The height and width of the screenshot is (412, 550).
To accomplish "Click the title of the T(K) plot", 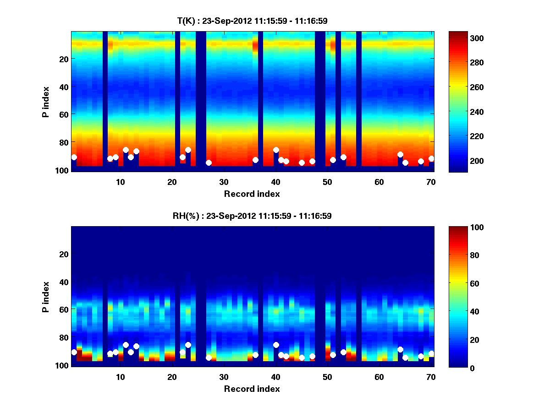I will pyautogui.click(x=252, y=21).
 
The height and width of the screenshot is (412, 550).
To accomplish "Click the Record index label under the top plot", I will pyautogui.click(x=252, y=194).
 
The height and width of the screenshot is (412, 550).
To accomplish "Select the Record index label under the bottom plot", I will pyautogui.click(x=252, y=389).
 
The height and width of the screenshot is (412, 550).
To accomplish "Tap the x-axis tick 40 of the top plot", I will pyautogui.click(x=275, y=182).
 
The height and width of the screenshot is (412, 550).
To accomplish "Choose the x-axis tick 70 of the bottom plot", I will pyautogui.click(x=431, y=377).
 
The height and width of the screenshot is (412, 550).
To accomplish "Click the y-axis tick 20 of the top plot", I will pyautogui.click(x=63, y=59).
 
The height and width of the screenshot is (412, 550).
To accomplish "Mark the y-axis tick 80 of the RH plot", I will pyautogui.click(x=63, y=337).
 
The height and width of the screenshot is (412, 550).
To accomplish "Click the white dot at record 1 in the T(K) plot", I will pyautogui.click(x=74, y=157).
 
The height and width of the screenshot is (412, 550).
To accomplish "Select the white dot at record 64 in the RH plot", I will pyautogui.click(x=400, y=349).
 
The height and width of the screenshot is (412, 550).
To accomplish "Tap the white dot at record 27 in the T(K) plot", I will pyautogui.click(x=209, y=163).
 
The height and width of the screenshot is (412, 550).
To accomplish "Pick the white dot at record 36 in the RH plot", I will pyautogui.click(x=255, y=355).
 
